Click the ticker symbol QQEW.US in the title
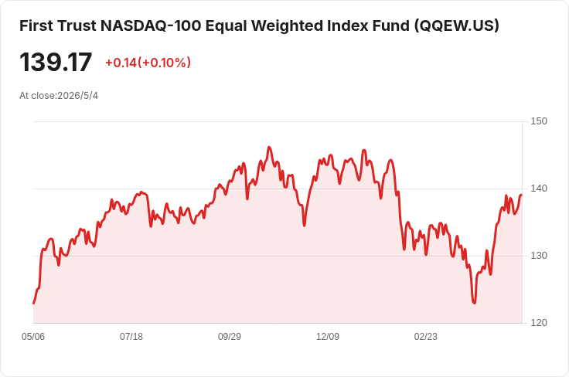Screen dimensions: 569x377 [x=457, y=25]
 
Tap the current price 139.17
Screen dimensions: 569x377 [x=56, y=63]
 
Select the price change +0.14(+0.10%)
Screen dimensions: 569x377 [x=148, y=63]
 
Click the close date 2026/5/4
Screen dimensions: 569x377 [x=77, y=96]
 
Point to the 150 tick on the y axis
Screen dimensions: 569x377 [x=539, y=121]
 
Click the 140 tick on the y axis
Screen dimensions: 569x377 [x=539, y=188]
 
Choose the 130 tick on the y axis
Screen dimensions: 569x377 [x=539, y=256]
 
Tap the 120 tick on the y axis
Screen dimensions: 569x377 [x=539, y=323]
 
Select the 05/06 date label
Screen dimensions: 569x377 [x=33, y=337]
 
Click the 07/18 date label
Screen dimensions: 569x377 [x=131, y=337]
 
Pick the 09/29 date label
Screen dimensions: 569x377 [x=230, y=337]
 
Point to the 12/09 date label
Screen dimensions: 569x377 [x=328, y=337]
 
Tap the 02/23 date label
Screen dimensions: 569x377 [x=426, y=337]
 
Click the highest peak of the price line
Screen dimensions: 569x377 [x=269, y=148]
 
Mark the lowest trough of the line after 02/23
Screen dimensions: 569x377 [x=474, y=303]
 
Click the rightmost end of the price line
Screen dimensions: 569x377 [x=522, y=195]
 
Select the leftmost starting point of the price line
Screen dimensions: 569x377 [x=34, y=303]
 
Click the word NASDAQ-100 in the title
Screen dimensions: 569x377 [x=151, y=25]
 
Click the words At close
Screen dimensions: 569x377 [x=38, y=96]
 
